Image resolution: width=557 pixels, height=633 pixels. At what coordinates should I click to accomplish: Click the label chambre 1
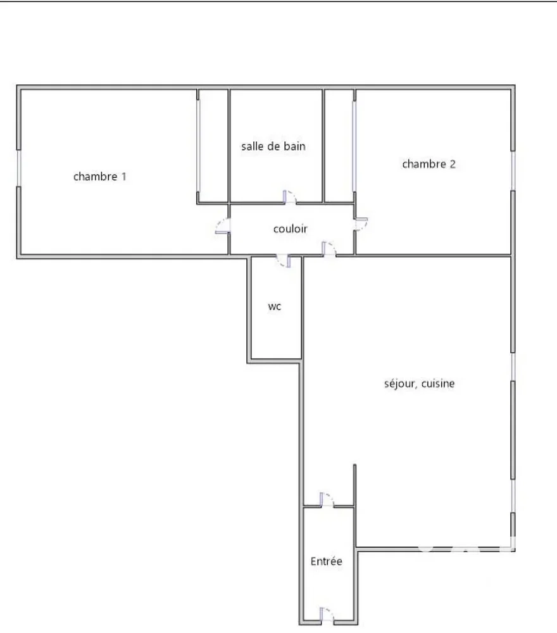pyautogui.click(x=100, y=177)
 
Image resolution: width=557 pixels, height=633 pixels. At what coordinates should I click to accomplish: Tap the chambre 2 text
pyautogui.click(x=429, y=164)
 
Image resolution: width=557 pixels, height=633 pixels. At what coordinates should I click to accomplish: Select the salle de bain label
pyautogui.click(x=273, y=146)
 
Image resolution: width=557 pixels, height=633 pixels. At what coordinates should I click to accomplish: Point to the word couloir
pyautogui.click(x=290, y=229)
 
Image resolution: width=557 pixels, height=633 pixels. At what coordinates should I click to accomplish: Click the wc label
pyautogui.click(x=275, y=307)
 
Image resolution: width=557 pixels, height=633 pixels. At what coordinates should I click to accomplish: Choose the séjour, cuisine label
pyautogui.click(x=420, y=384)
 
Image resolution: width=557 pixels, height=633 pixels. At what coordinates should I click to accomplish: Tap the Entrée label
pyautogui.click(x=326, y=561)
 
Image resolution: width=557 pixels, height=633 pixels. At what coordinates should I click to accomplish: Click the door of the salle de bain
pyautogui.click(x=289, y=197)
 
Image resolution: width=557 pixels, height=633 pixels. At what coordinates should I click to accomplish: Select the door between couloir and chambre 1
pyautogui.click(x=223, y=226)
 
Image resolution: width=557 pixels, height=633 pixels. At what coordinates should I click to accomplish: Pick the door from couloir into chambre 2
pyautogui.click(x=361, y=224)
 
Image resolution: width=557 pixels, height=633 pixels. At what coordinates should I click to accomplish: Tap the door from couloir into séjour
pyautogui.click(x=329, y=249)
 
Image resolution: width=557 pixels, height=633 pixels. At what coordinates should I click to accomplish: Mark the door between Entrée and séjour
pyautogui.click(x=327, y=499)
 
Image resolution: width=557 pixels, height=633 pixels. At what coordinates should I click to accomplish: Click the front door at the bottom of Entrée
pyautogui.click(x=327, y=615)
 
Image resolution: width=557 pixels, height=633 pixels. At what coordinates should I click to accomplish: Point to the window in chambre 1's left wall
pyautogui.click(x=18, y=168)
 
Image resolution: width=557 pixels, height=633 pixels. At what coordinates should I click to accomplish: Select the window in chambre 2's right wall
pyautogui.click(x=513, y=171)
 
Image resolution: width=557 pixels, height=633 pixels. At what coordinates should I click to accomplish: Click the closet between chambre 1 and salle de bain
pyautogui.click(x=213, y=146)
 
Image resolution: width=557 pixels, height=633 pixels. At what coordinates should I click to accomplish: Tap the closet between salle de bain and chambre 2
pyautogui.click(x=339, y=146)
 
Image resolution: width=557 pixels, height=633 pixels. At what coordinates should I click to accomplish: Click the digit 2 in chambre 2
pyautogui.click(x=453, y=164)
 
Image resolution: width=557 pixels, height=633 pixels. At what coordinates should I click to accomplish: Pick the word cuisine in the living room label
pyautogui.click(x=438, y=384)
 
